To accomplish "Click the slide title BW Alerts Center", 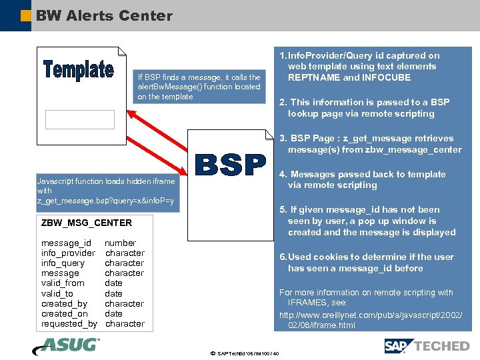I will tap(104, 15).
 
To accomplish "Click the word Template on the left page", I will tap(79, 69).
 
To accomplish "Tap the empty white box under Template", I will tap(80, 119).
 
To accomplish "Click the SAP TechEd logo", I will tap(427, 345).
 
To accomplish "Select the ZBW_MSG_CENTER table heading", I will tap(87, 223).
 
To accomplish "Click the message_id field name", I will tap(66, 243).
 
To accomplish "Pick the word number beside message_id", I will tap(120, 243).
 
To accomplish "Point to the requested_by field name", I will tap(69, 324).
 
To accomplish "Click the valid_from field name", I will tap(63, 283).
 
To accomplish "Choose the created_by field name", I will tap(64, 304).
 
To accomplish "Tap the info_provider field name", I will tap(68, 253).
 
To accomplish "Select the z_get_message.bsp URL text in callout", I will tap(105, 201).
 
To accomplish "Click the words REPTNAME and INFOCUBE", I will tap(349, 77).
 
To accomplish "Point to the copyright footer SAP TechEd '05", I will tap(244, 353).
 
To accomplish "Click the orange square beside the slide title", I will tap(25, 15).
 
